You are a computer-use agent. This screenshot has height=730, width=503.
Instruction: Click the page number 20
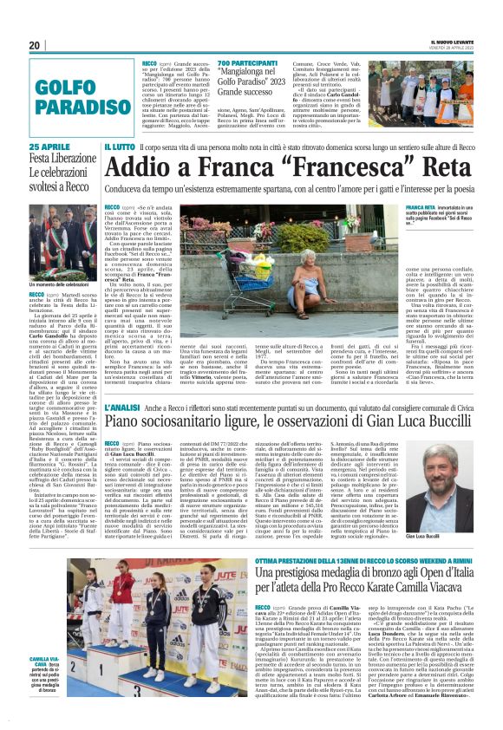pos(35,45)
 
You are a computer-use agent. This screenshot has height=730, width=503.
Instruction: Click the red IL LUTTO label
pos(119,148)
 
